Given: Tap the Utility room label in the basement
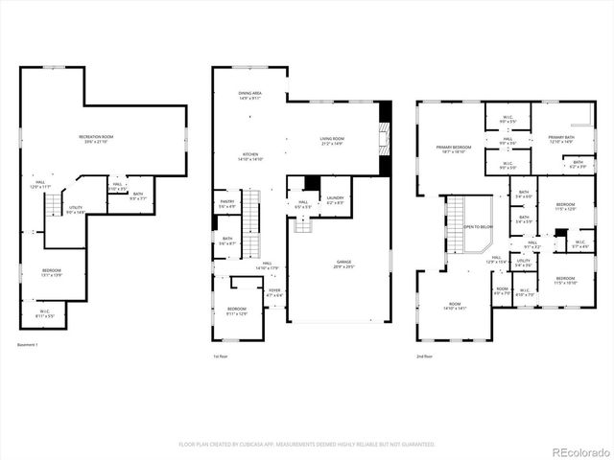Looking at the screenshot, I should (x=74, y=209).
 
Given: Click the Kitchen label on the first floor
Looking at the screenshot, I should (x=249, y=154).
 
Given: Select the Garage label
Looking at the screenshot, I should (x=342, y=262).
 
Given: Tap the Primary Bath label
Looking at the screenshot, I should (x=560, y=139).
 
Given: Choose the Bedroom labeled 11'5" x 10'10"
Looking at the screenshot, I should (x=565, y=280).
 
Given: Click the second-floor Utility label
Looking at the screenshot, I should (x=524, y=262).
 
